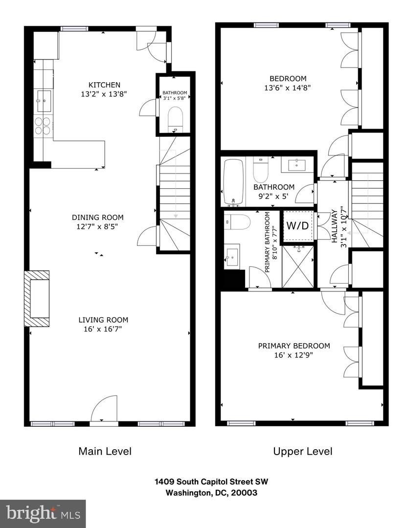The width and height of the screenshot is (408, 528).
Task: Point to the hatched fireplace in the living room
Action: pyautogui.click(x=37, y=298)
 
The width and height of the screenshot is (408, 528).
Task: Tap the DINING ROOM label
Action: pyautogui.click(x=97, y=218)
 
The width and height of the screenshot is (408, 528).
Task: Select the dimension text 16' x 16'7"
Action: pyautogui.click(x=103, y=329)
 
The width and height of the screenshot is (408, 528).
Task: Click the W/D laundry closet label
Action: pyautogui.click(x=297, y=226)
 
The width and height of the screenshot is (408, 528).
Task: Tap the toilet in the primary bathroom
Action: pyautogui.click(x=237, y=222)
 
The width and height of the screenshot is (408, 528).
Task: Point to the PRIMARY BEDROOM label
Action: pyautogui.click(x=294, y=346)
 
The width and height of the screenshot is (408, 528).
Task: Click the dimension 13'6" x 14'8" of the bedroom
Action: pyautogui.click(x=288, y=88)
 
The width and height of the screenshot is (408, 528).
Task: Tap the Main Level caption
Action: pyautogui.click(x=105, y=451)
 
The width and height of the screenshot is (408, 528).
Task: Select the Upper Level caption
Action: pyautogui.click(x=302, y=451)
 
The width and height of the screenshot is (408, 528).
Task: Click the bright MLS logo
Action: pyautogui.click(x=43, y=513)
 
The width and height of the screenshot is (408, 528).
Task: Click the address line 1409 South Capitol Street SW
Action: pyautogui.click(x=204, y=482)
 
